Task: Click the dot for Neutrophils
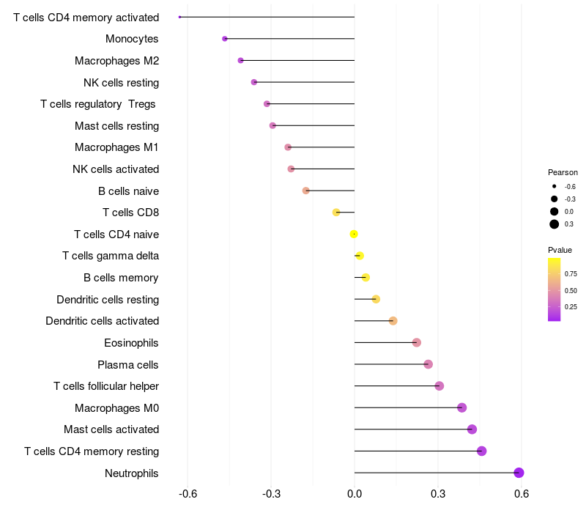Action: click(x=519, y=473)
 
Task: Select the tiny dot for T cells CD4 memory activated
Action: click(x=179, y=17)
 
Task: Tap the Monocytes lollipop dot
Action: click(x=225, y=39)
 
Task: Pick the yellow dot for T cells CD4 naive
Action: click(x=354, y=235)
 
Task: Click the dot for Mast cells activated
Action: click(x=472, y=429)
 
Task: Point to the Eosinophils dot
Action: click(x=417, y=342)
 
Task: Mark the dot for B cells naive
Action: click(x=306, y=191)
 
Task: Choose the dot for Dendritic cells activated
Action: click(x=393, y=321)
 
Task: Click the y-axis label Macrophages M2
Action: click(x=116, y=61)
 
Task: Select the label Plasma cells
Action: click(x=128, y=364)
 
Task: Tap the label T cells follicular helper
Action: click(x=106, y=386)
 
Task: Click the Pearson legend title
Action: click(x=563, y=172)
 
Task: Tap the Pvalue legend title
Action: click(x=560, y=250)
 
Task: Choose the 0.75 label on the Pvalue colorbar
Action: click(x=571, y=274)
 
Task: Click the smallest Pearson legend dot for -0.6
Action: click(x=555, y=187)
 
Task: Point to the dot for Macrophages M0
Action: click(x=461, y=407)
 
